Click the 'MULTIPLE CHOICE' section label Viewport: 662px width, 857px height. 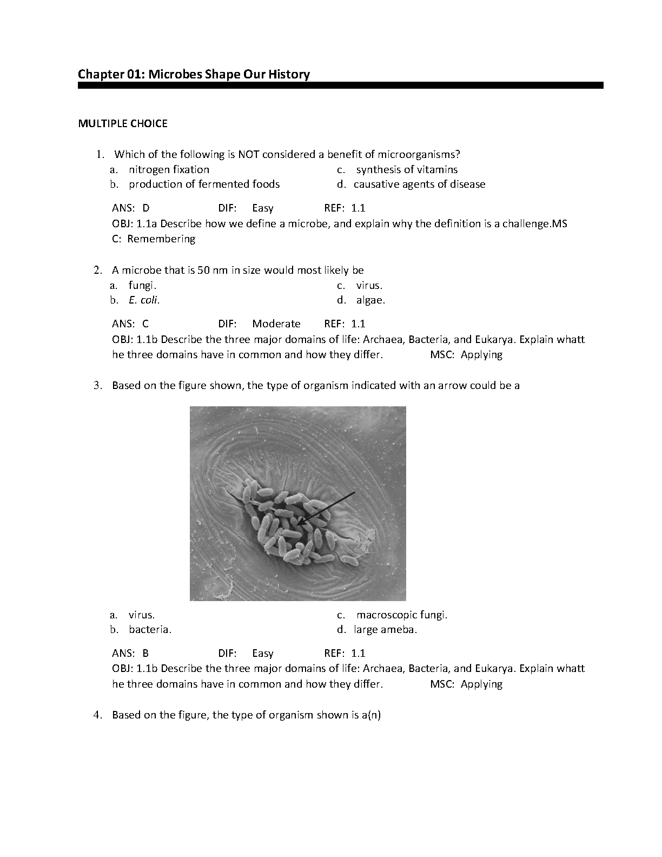click(123, 123)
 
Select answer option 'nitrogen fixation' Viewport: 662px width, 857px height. click(169, 169)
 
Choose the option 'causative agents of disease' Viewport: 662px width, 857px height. click(419, 184)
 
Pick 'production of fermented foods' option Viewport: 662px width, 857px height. click(204, 184)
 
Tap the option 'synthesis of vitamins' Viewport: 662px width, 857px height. click(407, 169)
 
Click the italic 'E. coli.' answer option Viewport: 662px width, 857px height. click(144, 300)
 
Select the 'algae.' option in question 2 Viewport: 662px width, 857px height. click(370, 300)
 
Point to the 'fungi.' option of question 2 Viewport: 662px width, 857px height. click(142, 285)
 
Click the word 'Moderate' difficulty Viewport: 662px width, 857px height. click(276, 324)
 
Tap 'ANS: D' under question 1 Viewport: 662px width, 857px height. click(130, 208)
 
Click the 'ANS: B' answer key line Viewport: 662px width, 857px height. click(130, 653)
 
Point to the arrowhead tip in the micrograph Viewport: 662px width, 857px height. click(299, 524)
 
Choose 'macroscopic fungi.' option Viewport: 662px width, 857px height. click(402, 615)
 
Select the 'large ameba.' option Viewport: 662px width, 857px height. click(385, 629)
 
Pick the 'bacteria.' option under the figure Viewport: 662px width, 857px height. click(150, 629)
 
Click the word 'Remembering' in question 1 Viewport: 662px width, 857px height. click(161, 239)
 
